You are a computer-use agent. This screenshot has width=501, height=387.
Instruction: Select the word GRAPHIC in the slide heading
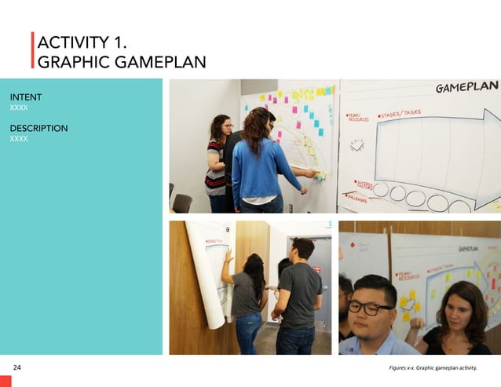[x=74, y=61]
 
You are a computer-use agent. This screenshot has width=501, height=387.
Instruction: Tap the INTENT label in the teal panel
[x=26, y=97]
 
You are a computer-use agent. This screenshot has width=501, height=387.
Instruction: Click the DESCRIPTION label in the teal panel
[x=38, y=128]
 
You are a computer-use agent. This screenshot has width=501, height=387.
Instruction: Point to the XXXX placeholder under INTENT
[x=19, y=108]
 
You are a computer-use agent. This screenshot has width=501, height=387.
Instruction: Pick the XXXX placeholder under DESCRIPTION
[x=19, y=138]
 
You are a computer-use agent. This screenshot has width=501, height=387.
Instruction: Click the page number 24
[x=17, y=367]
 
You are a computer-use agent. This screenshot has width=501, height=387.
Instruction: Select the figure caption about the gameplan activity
[x=433, y=367]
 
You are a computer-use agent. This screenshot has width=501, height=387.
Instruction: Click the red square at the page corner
[x=5, y=381]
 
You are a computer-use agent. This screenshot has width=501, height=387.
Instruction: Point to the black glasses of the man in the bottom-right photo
[x=370, y=307]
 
